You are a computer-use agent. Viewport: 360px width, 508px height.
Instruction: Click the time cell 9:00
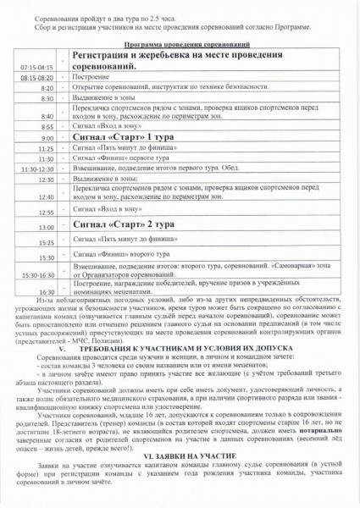point(46,137)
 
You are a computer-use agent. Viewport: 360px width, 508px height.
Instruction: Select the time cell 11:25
point(46,148)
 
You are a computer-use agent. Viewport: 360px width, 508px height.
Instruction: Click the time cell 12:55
point(46,212)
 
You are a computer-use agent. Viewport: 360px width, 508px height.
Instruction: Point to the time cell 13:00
point(46,228)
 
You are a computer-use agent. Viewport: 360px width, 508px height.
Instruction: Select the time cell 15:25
point(46,243)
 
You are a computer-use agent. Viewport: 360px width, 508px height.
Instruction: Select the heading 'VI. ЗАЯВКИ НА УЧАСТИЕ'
point(180,455)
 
